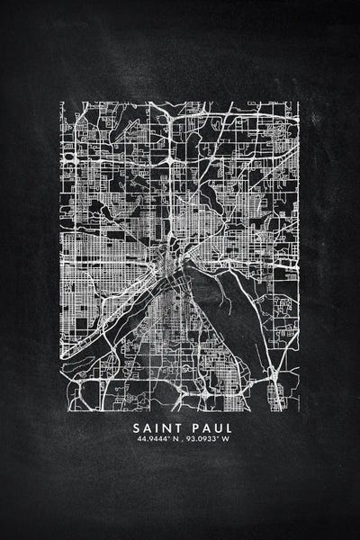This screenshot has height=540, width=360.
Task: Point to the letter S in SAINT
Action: [x=137, y=427]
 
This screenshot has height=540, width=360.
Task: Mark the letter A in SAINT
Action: [x=147, y=427]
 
